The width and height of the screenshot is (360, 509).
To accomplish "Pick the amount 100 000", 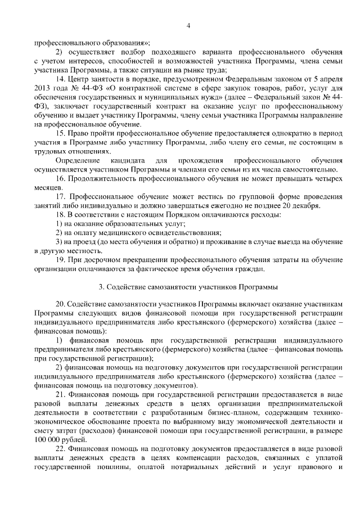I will [x=47, y=439].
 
